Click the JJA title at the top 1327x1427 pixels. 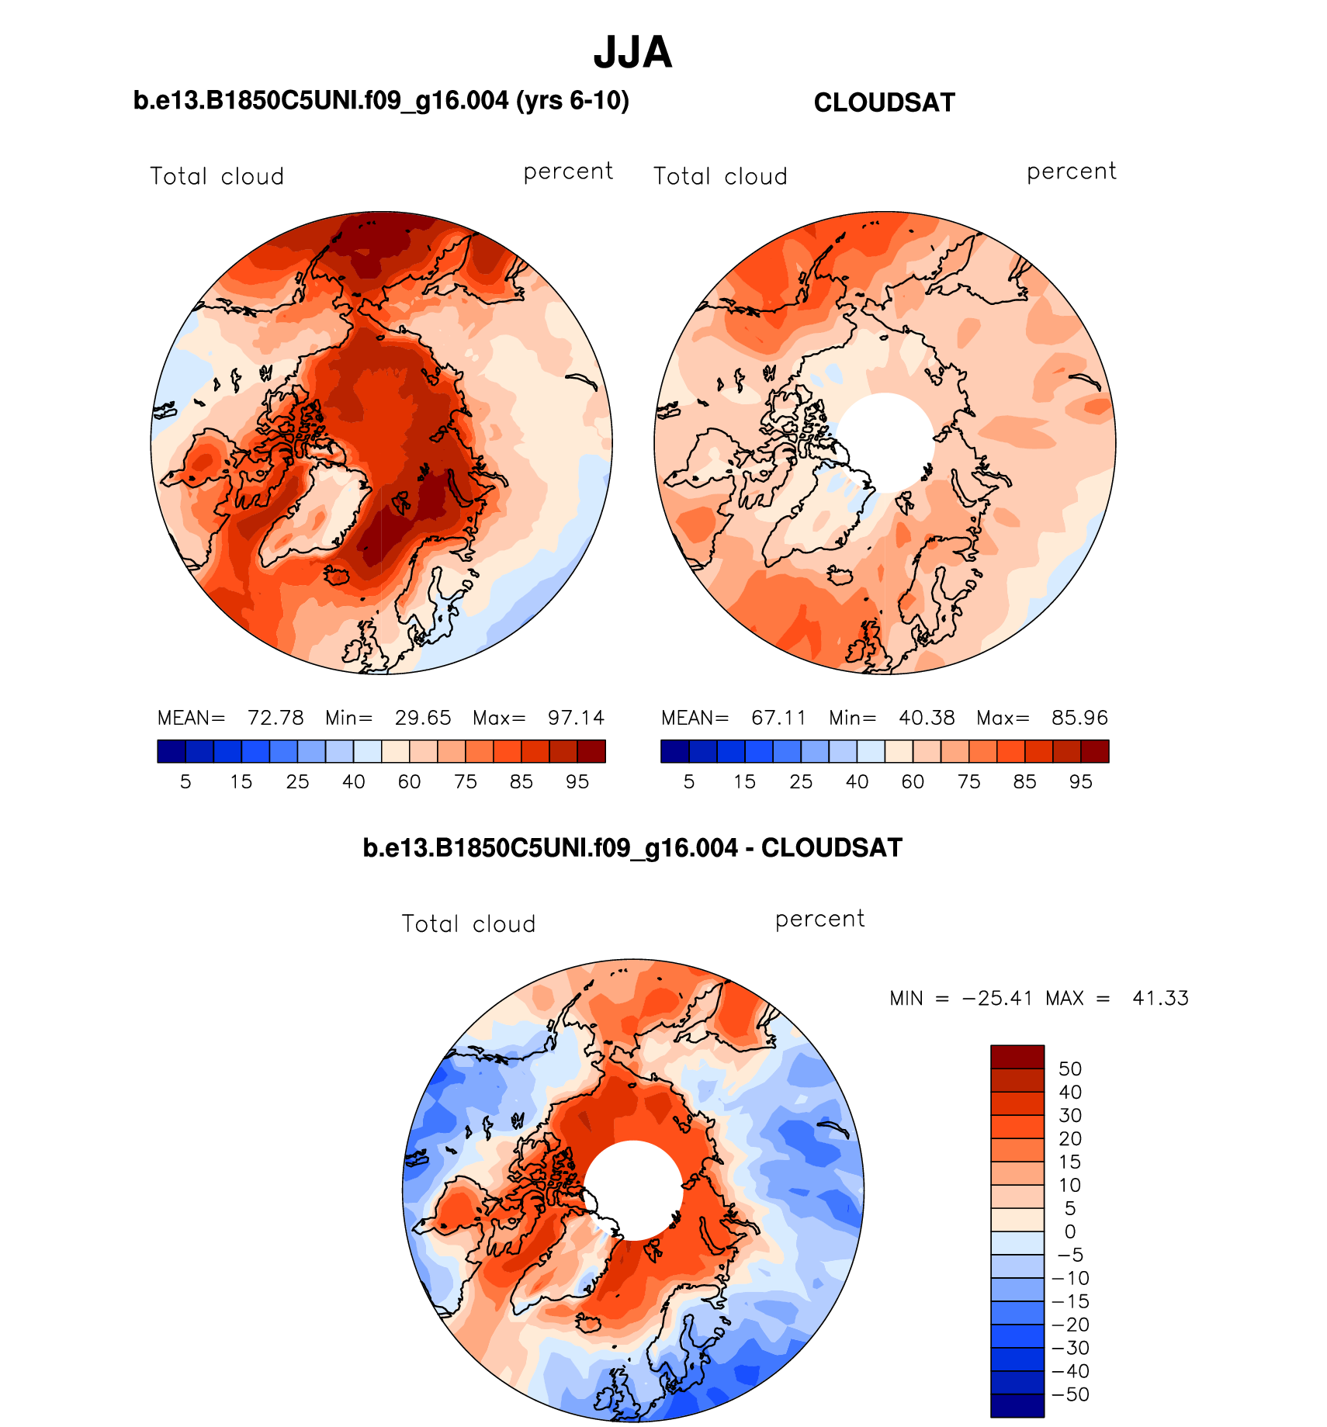(632, 53)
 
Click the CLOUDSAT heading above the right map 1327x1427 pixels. (884, 103)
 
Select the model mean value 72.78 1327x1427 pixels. (275, 718)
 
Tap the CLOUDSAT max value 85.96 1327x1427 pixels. (1079, 718)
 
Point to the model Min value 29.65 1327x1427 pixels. (423, 718)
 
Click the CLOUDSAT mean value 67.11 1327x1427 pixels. (778, 718)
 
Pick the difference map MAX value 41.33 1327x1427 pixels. (1160, 998)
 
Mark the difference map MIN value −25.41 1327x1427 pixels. (997, 998)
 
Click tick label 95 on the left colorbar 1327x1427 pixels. (577, 782)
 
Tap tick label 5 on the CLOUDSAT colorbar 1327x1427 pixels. (689, 782)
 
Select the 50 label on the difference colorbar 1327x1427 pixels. (1070, 1069)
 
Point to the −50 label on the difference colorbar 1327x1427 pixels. (1070, 1395)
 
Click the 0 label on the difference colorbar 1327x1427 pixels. (1070, 1232)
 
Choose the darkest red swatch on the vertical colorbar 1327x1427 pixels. (1017, 1058)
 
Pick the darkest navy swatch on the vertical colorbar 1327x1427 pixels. (1017, 1406)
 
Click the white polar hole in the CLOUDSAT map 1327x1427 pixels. (885, 442)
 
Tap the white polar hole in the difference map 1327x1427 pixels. (633, 1190)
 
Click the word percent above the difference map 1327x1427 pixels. (819, 920)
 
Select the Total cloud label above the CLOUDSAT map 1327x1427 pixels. (720, 177)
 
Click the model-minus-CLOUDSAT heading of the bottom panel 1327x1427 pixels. (632, 848)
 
